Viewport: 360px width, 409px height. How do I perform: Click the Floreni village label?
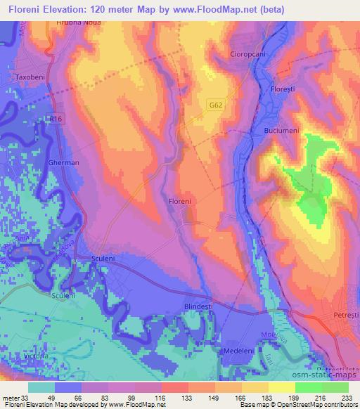tap(181, 201)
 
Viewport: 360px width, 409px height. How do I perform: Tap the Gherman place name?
tap(63, 162)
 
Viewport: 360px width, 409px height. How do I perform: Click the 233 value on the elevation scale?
tap(348, 396)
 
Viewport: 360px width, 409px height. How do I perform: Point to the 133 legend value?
tap(175, 396)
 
